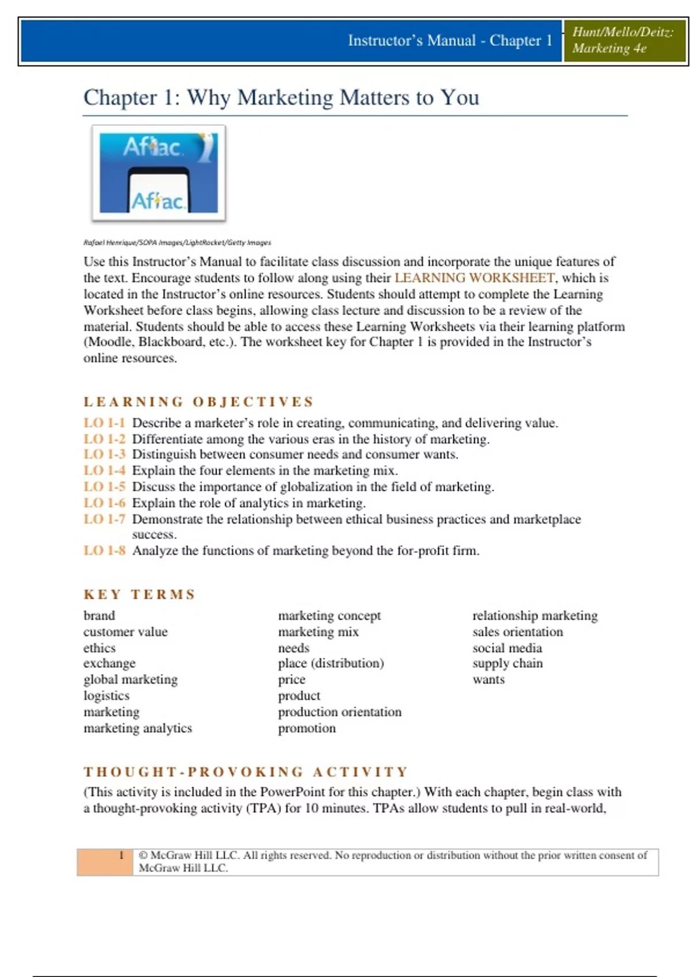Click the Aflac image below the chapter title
click(x=159, y=173)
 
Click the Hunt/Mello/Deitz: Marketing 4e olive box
click(x=624, y=40)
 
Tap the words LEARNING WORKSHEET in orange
click(x=474, y=278)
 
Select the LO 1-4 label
click(x=104, y=471)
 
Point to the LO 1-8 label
click(x=104, y=551)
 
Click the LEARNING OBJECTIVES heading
click(x=198, y=402)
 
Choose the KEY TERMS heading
click(x=140, y=594)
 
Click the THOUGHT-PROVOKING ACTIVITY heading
click(x=246, y=771)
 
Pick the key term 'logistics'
click(x=106, y=696)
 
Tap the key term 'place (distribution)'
click(x=331, y=663)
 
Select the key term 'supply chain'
click(x=507, y=663)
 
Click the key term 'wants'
click(x=488, y=679)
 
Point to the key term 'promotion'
click(x=306, y=728)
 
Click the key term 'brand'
click(x=99, y=616)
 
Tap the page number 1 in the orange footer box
click(x=121, y=855)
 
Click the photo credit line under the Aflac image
click(x=177, y=243)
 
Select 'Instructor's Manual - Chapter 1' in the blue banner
click(x=450, y=41)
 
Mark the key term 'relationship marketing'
click(x=535, y=616)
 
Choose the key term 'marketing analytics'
click(x=137, y=728)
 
